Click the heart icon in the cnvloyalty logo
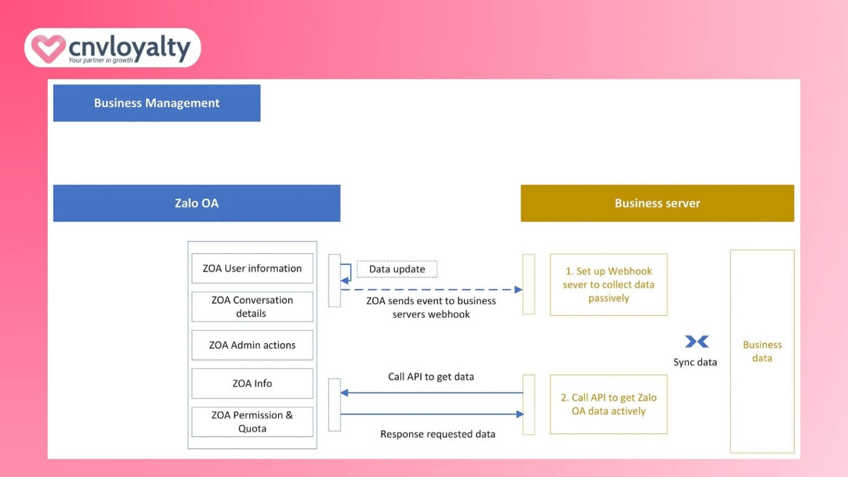[x=47, y=49]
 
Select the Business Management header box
[x=157, y=103]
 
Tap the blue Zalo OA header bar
[x=197, y=203]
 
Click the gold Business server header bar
[x=657, y=203]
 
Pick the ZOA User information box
[x=252, y=268]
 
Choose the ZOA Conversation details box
[x=252, y=306]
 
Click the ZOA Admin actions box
[x=252, y=345]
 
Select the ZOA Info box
[x=252, y=383]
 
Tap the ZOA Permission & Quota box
[x=252, y=422]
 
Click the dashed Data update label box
[x=397, y=269]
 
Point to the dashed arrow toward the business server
[x=431, y=289]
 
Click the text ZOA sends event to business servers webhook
[x=431, y=308]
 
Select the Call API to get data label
[x=431, y=377]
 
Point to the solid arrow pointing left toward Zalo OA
[x=431, y=393]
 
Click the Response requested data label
[x=438, y=434]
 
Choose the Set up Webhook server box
[x=608, y=285]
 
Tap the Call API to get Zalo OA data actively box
[x=608, y=404]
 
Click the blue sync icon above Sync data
[x=697, y=342]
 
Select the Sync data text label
[x=695, y=362]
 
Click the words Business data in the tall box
[x=762, y=351]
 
